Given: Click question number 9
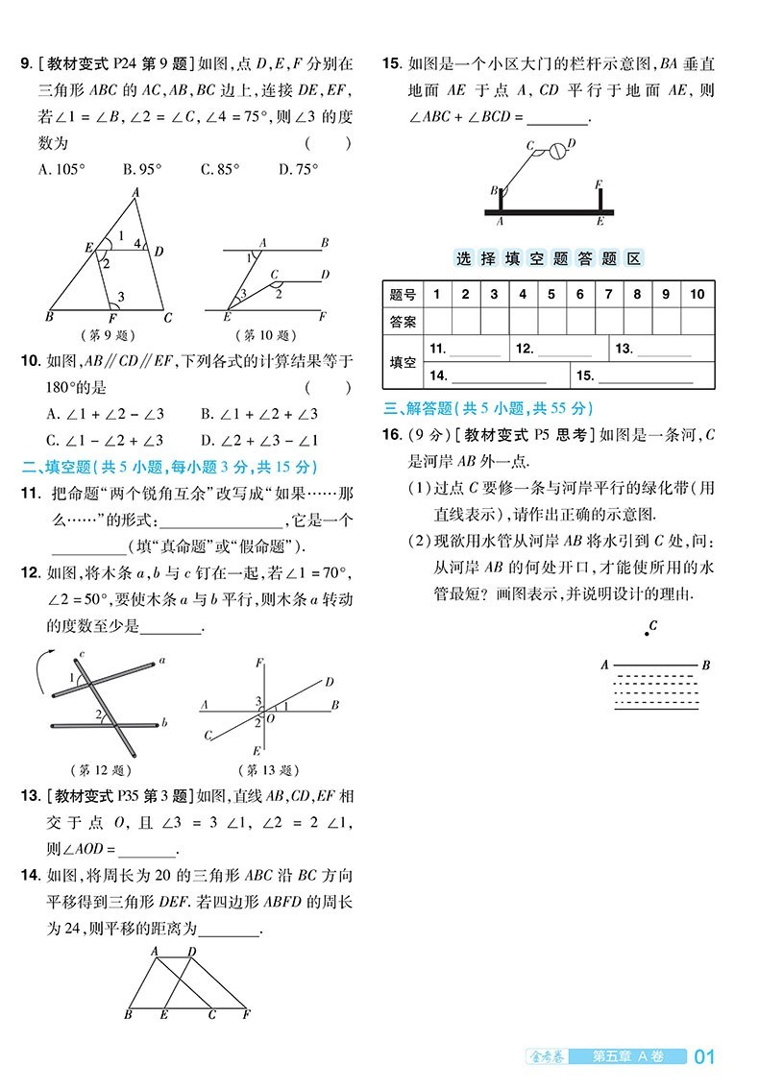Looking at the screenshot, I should pos(27,65).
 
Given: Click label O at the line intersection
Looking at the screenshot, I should pos(272,716).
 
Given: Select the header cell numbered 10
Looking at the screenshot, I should pos(697,294).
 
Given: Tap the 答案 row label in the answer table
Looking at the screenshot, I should pos(403,322).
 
